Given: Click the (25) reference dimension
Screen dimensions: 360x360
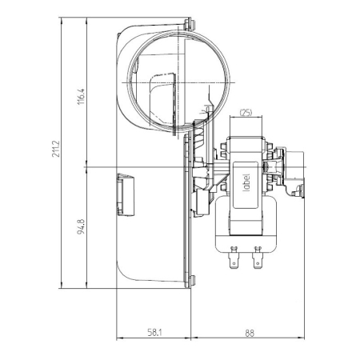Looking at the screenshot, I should click(246, 114).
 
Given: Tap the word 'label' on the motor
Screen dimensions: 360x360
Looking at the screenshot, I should click(246, 174).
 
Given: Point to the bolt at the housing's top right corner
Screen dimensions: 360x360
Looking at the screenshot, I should click(191, 25).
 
